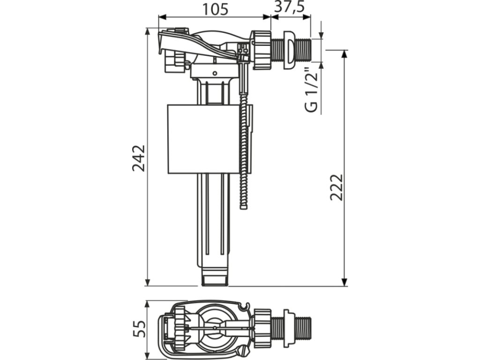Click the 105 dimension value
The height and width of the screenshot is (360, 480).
[x=215, y=8]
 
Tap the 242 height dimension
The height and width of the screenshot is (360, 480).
[x=139, y=158]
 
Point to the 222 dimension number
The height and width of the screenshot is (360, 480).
[x=336, y=187]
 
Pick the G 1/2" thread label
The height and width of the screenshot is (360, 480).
[x=311, y=91]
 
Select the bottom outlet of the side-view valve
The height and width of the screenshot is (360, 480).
[x=214, y=277]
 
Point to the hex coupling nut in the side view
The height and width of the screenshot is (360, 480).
[x=262, y=50]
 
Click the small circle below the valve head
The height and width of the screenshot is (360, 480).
[x=215, y=73]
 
